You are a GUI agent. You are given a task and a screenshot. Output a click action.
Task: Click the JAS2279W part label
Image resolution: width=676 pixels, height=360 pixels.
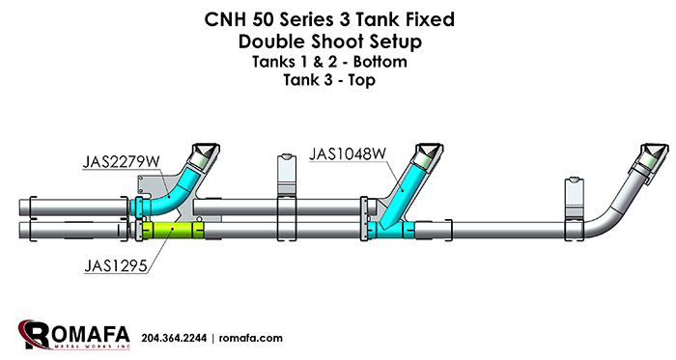click(121, 162)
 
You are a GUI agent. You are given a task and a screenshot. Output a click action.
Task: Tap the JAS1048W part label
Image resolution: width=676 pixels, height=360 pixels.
click(348, 153)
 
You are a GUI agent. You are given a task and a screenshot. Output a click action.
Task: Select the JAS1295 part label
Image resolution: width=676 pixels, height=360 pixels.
click(116, 265)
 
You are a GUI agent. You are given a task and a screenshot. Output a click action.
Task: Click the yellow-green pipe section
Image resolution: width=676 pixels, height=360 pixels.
click(173, 230)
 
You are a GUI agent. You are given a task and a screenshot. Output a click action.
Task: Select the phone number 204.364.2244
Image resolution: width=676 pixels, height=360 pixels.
click(174, 338)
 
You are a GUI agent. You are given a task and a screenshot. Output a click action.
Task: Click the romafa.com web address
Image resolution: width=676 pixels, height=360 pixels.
click(250, 338)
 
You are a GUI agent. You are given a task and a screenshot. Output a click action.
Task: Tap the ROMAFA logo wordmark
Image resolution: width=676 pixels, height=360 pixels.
click(73, 335)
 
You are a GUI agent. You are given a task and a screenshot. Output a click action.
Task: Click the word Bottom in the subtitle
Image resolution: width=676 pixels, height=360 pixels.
click(380, 62)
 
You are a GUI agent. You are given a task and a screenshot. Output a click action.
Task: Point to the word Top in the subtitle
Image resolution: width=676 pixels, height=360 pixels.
click(362, 80)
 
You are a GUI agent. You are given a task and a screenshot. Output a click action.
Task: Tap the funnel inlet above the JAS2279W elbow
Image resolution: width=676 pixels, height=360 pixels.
click(205, 155)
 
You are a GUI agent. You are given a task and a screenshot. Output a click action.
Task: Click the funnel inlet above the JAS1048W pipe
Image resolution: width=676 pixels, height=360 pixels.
click(429, 156)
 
